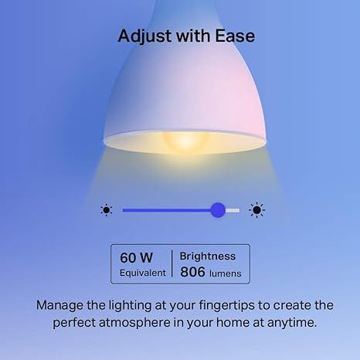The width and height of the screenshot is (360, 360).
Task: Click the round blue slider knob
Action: click(x=218, y=209)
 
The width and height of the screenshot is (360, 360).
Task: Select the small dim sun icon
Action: click(x=107, y=209)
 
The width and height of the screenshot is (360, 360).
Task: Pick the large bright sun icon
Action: click(x=256, y=209)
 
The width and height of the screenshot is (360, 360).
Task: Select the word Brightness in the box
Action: click(x=208, y=256)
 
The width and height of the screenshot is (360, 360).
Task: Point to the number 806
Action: click(x=192, y=273)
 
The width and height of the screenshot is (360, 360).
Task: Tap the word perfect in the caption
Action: click(x=76, y=323)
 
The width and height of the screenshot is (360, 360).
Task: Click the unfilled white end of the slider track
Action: click(x=233, y=209)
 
